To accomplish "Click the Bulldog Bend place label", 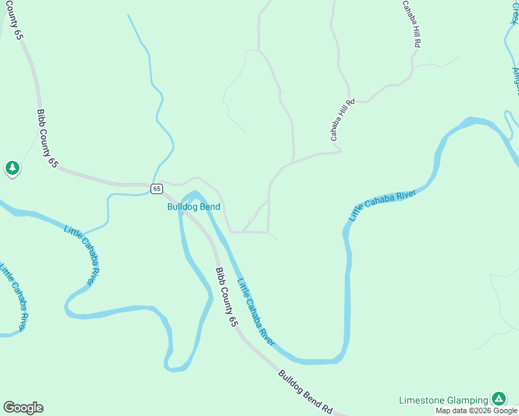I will [194, 207].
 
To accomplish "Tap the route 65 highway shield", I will [157, 189].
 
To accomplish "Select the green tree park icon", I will [12, 168].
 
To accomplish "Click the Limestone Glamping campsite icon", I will [498, 399].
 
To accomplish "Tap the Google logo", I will [23, 407].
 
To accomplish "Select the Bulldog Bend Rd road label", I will [306, 393].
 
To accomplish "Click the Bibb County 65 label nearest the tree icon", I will [48, 138].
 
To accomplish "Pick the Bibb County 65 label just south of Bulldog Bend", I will [226, 297].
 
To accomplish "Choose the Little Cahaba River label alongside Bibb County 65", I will [256, 312].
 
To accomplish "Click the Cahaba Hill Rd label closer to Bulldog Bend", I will [343, 120].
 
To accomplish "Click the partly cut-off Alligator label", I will [515, 82].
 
